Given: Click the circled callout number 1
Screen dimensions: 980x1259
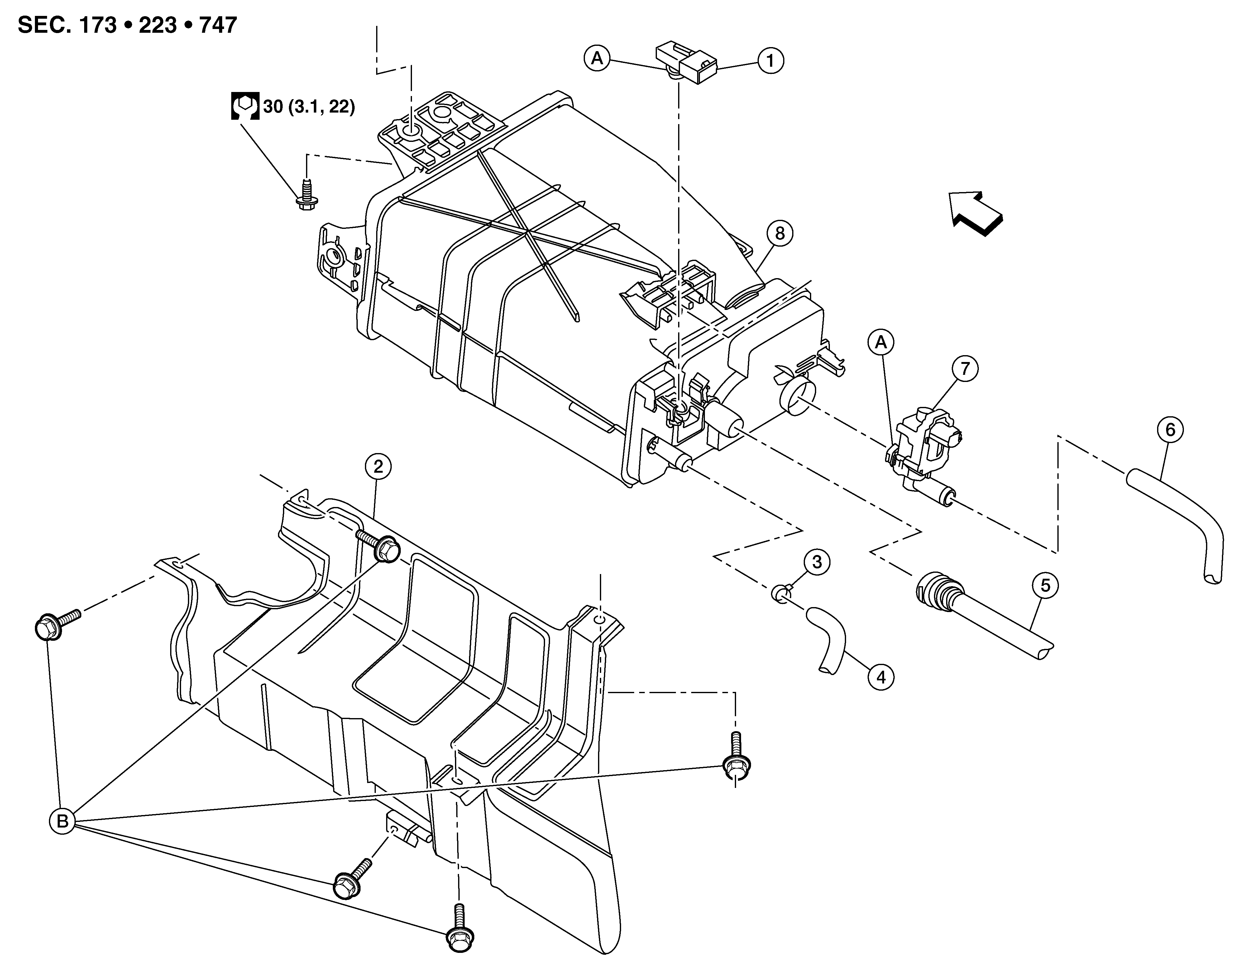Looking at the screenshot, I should pyautogui.click(x=771, y=60).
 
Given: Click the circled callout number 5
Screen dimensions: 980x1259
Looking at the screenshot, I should pyautogui.click(x=1045, y=586).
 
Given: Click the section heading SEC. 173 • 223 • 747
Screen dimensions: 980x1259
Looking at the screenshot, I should pyautogui.click(x=127, y=25).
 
